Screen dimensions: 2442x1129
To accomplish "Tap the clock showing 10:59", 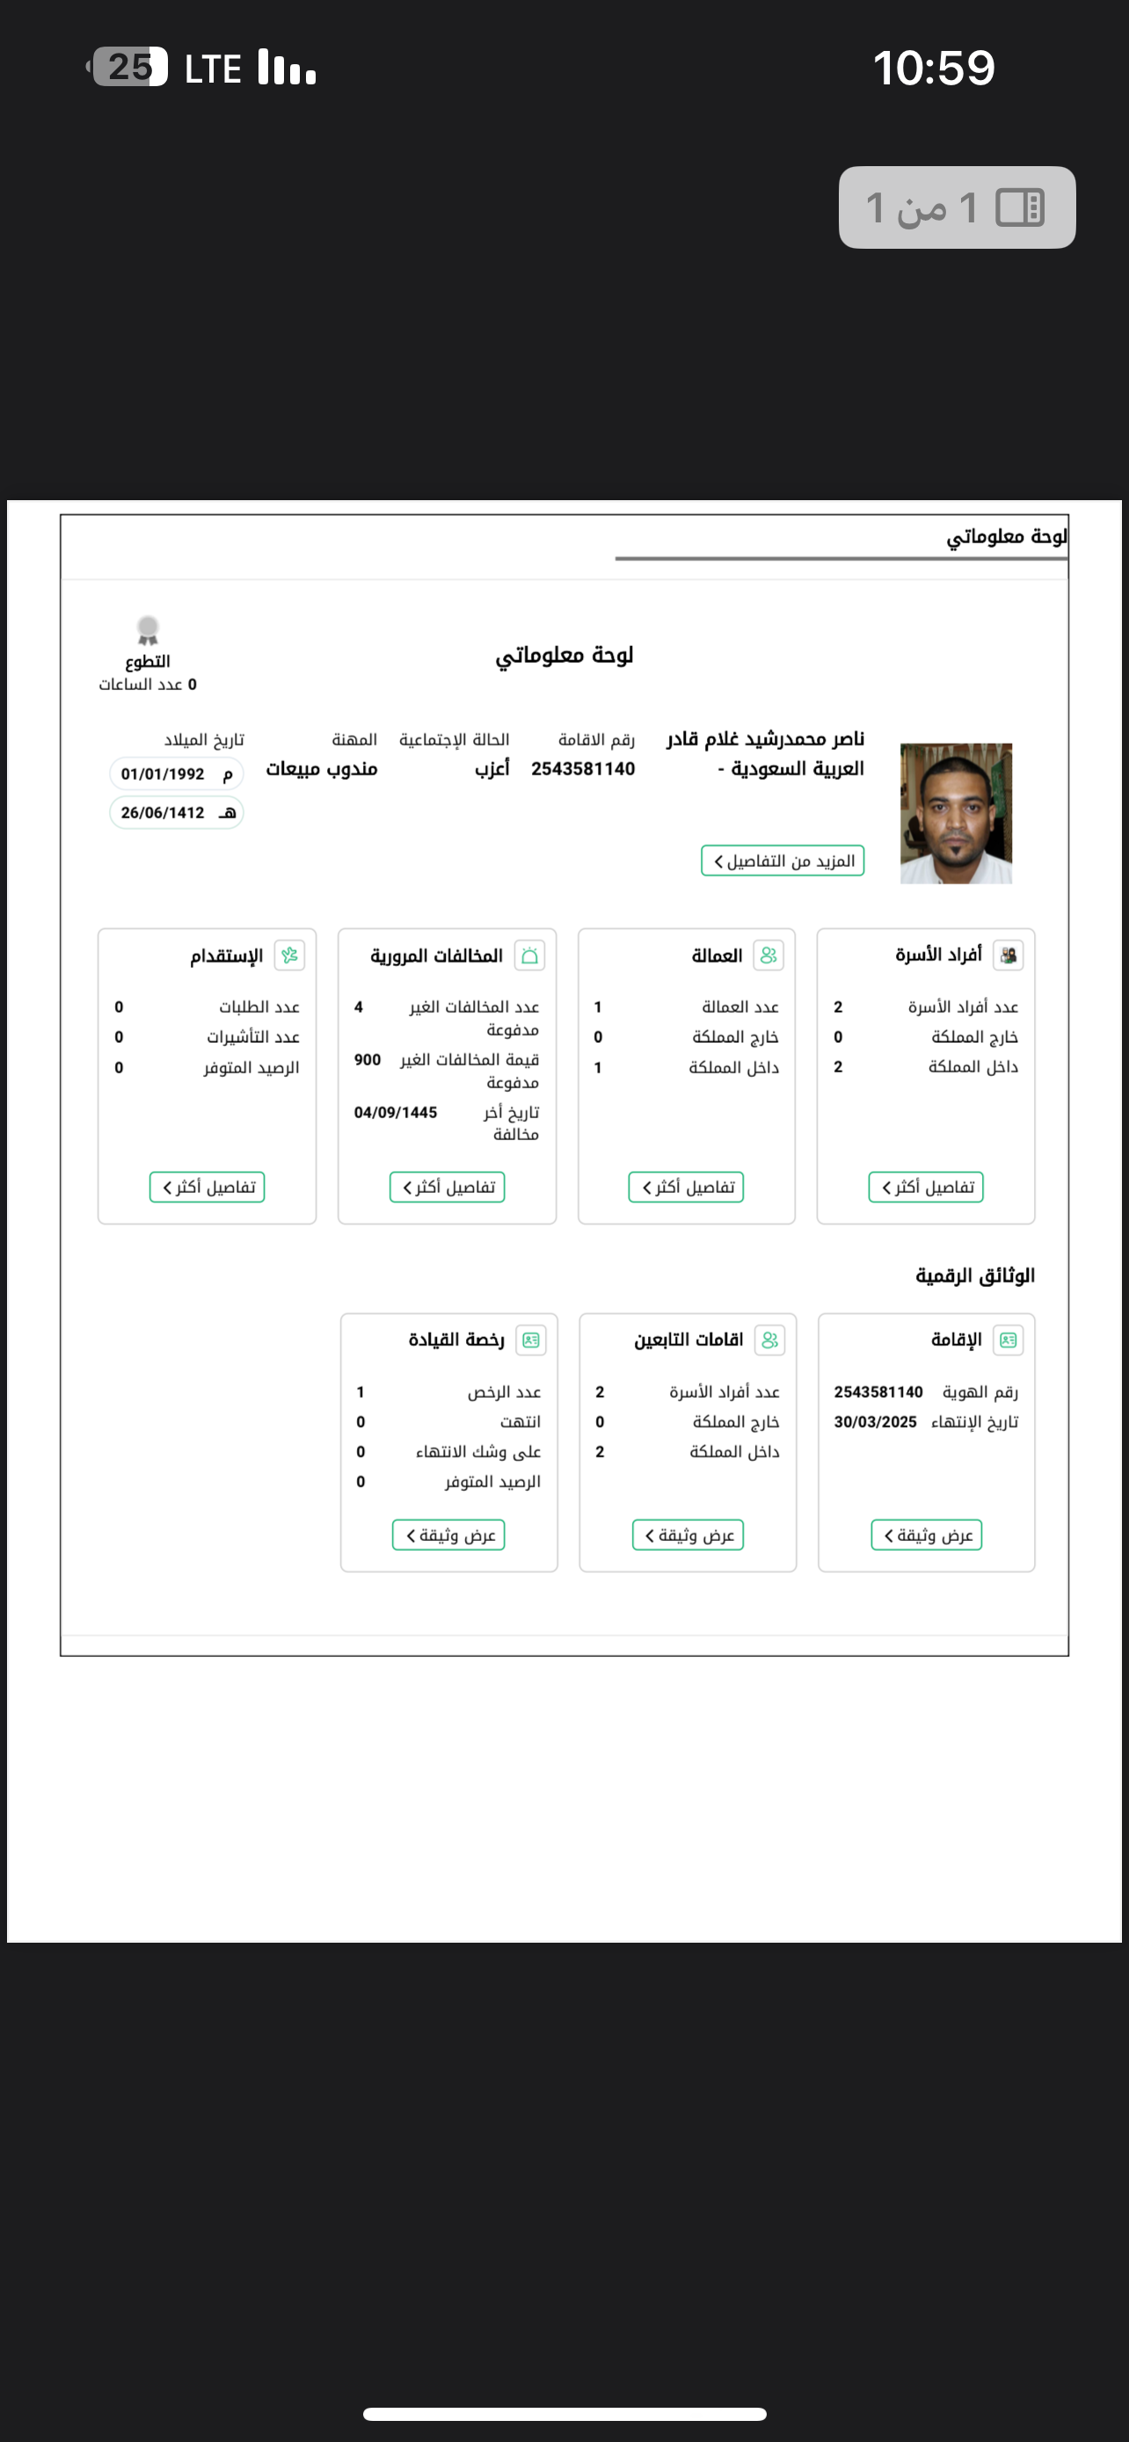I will click(x=934, y=69).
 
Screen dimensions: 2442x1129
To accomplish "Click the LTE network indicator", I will click(x=212, y=69).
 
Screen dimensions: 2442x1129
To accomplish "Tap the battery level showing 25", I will click(x=130, y=68).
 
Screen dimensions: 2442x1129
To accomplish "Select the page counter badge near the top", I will click(x=957, y=207).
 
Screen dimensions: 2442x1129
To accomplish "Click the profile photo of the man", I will click(x=956, y=813).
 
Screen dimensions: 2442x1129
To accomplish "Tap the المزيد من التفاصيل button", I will click(x=783, y=861).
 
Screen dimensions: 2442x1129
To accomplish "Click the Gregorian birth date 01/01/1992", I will click(x=177, y=774).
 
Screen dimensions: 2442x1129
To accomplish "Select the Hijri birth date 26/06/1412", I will click(x=177, y=812).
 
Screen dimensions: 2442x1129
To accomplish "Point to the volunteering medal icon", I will click(x=148, y=630).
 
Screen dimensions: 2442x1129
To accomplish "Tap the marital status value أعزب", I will click(x=492, y=769).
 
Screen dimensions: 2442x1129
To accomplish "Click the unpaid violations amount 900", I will click(x=368, y=1060).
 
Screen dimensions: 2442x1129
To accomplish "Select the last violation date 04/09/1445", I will click(x=396, y=1112).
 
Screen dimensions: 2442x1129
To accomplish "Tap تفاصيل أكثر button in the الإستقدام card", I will click(x=207, y=1187).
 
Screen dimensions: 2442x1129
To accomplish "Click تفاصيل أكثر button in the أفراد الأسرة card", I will click(x=926, y=1187).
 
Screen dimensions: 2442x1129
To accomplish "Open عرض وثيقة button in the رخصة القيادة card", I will click(x=448, y=1535).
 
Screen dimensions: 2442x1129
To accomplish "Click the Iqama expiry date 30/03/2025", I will click(x=875, y=1422).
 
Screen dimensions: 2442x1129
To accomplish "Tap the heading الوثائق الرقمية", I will click(x=974, y=1276).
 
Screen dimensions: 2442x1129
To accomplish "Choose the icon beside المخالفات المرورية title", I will click(x=530, y=956).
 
